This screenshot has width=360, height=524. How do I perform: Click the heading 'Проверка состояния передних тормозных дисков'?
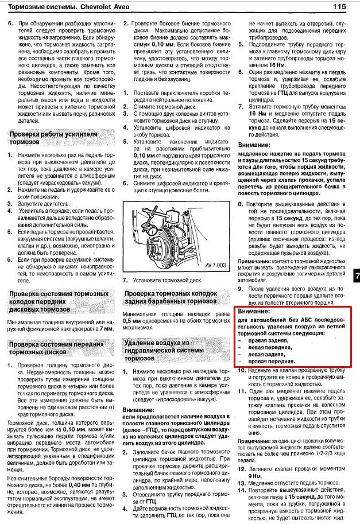[52, 347]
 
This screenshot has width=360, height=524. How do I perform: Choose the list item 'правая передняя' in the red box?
[272, 362]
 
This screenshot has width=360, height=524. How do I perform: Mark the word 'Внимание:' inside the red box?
[254, 310]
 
